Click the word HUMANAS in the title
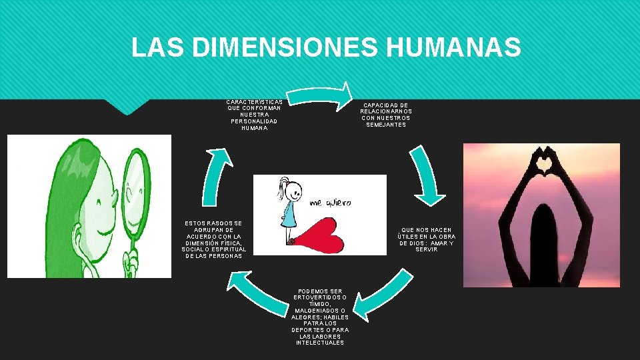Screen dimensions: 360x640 click(453, 47)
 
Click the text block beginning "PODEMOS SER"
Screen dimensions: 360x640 click(320, 317)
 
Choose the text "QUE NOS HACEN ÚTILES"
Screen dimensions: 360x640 click(427, 239)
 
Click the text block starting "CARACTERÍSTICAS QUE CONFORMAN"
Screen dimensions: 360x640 click(254, 115)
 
